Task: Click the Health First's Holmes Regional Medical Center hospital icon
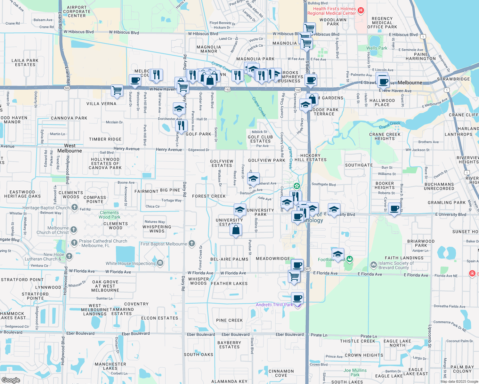click(x=361, y=11)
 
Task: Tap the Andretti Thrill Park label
click(x=274, y=305)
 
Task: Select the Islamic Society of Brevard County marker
click(x=373, y=265)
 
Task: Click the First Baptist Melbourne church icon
click(x=192, y=244)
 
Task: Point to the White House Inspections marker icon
click(x=160, y=263)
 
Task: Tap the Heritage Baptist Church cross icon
click(x=74, y=207)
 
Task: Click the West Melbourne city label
click(x=69, y=148)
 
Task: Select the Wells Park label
click(x=377, y=48)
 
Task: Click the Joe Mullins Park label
click(x=355, y=372)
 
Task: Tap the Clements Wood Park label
click(x=109, y=215)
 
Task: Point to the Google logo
click(x=11, y=380)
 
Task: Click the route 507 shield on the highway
click(x=307, y=269)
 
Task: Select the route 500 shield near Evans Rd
click(x=67, y=88)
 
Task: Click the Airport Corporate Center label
click(x=77, y=12)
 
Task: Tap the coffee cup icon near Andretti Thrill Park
click(x=297, y=298)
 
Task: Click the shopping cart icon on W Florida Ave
click(x=294, y=276)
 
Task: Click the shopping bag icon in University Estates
click(x=236, y=229)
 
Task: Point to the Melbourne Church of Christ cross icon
click(x=74, y=229)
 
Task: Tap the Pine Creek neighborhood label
click(x=229, y=320)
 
